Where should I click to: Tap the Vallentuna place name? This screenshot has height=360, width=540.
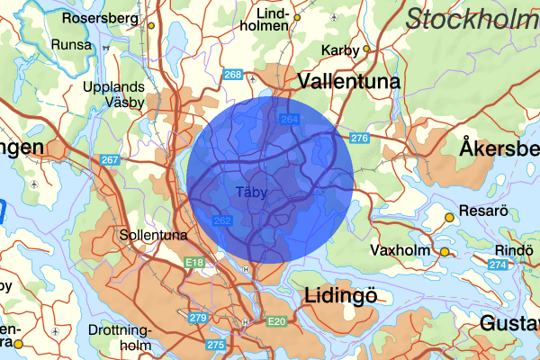click(348, 81)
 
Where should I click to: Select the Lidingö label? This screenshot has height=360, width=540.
click(340, 295)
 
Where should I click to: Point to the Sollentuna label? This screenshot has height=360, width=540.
click(153, 235)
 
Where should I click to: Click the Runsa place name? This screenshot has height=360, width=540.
click(73, 44)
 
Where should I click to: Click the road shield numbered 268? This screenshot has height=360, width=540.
click(233, 75)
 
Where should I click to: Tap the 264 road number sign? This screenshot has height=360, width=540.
click(290, 119)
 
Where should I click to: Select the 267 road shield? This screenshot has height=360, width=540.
click(110, 159)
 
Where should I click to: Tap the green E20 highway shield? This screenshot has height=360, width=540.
click(274, 321)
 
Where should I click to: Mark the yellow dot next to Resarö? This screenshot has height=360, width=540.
click(450, 217)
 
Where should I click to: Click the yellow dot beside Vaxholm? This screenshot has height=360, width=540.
click(444, 252)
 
